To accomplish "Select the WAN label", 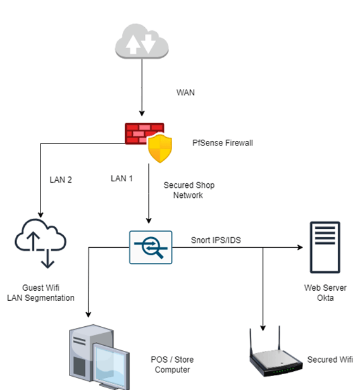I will pos(185,92).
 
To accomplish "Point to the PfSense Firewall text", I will pos(222,143).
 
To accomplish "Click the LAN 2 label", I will pos(61,180).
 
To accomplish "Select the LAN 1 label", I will pos(121,179).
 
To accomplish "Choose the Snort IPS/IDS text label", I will pos(214,240).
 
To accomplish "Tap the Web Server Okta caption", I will pos(321,293).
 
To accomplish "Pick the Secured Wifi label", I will pos(330,359).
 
